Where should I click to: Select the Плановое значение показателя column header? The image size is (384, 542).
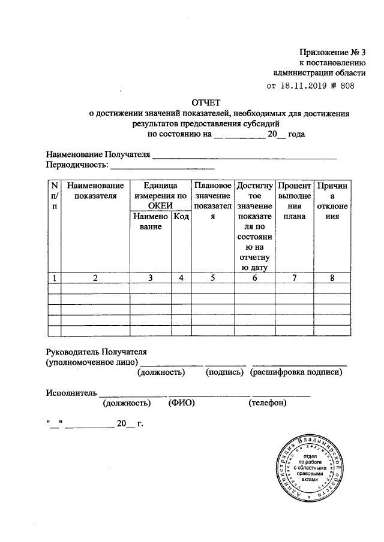pyautogui.click(x=213, y=202)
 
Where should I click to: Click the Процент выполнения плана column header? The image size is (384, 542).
pyautogui.click(x=294, y=202)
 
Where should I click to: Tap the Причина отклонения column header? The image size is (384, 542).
pyautogui.click(x=334, y=202)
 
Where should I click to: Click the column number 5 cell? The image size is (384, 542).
pyautogui.click(x=213, y=278)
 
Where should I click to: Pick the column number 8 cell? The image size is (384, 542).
pyautogui.click(x=334, y=278)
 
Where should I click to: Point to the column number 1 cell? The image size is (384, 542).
pyautogui.click(x=55, y=278)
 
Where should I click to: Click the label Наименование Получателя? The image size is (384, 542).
pyautogui.click(x=97, y=155)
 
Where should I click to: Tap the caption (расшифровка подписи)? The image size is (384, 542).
pyautogui.click(x=296, y=373)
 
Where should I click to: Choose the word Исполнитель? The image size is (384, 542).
pyautogui.click(x=71, y=392)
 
